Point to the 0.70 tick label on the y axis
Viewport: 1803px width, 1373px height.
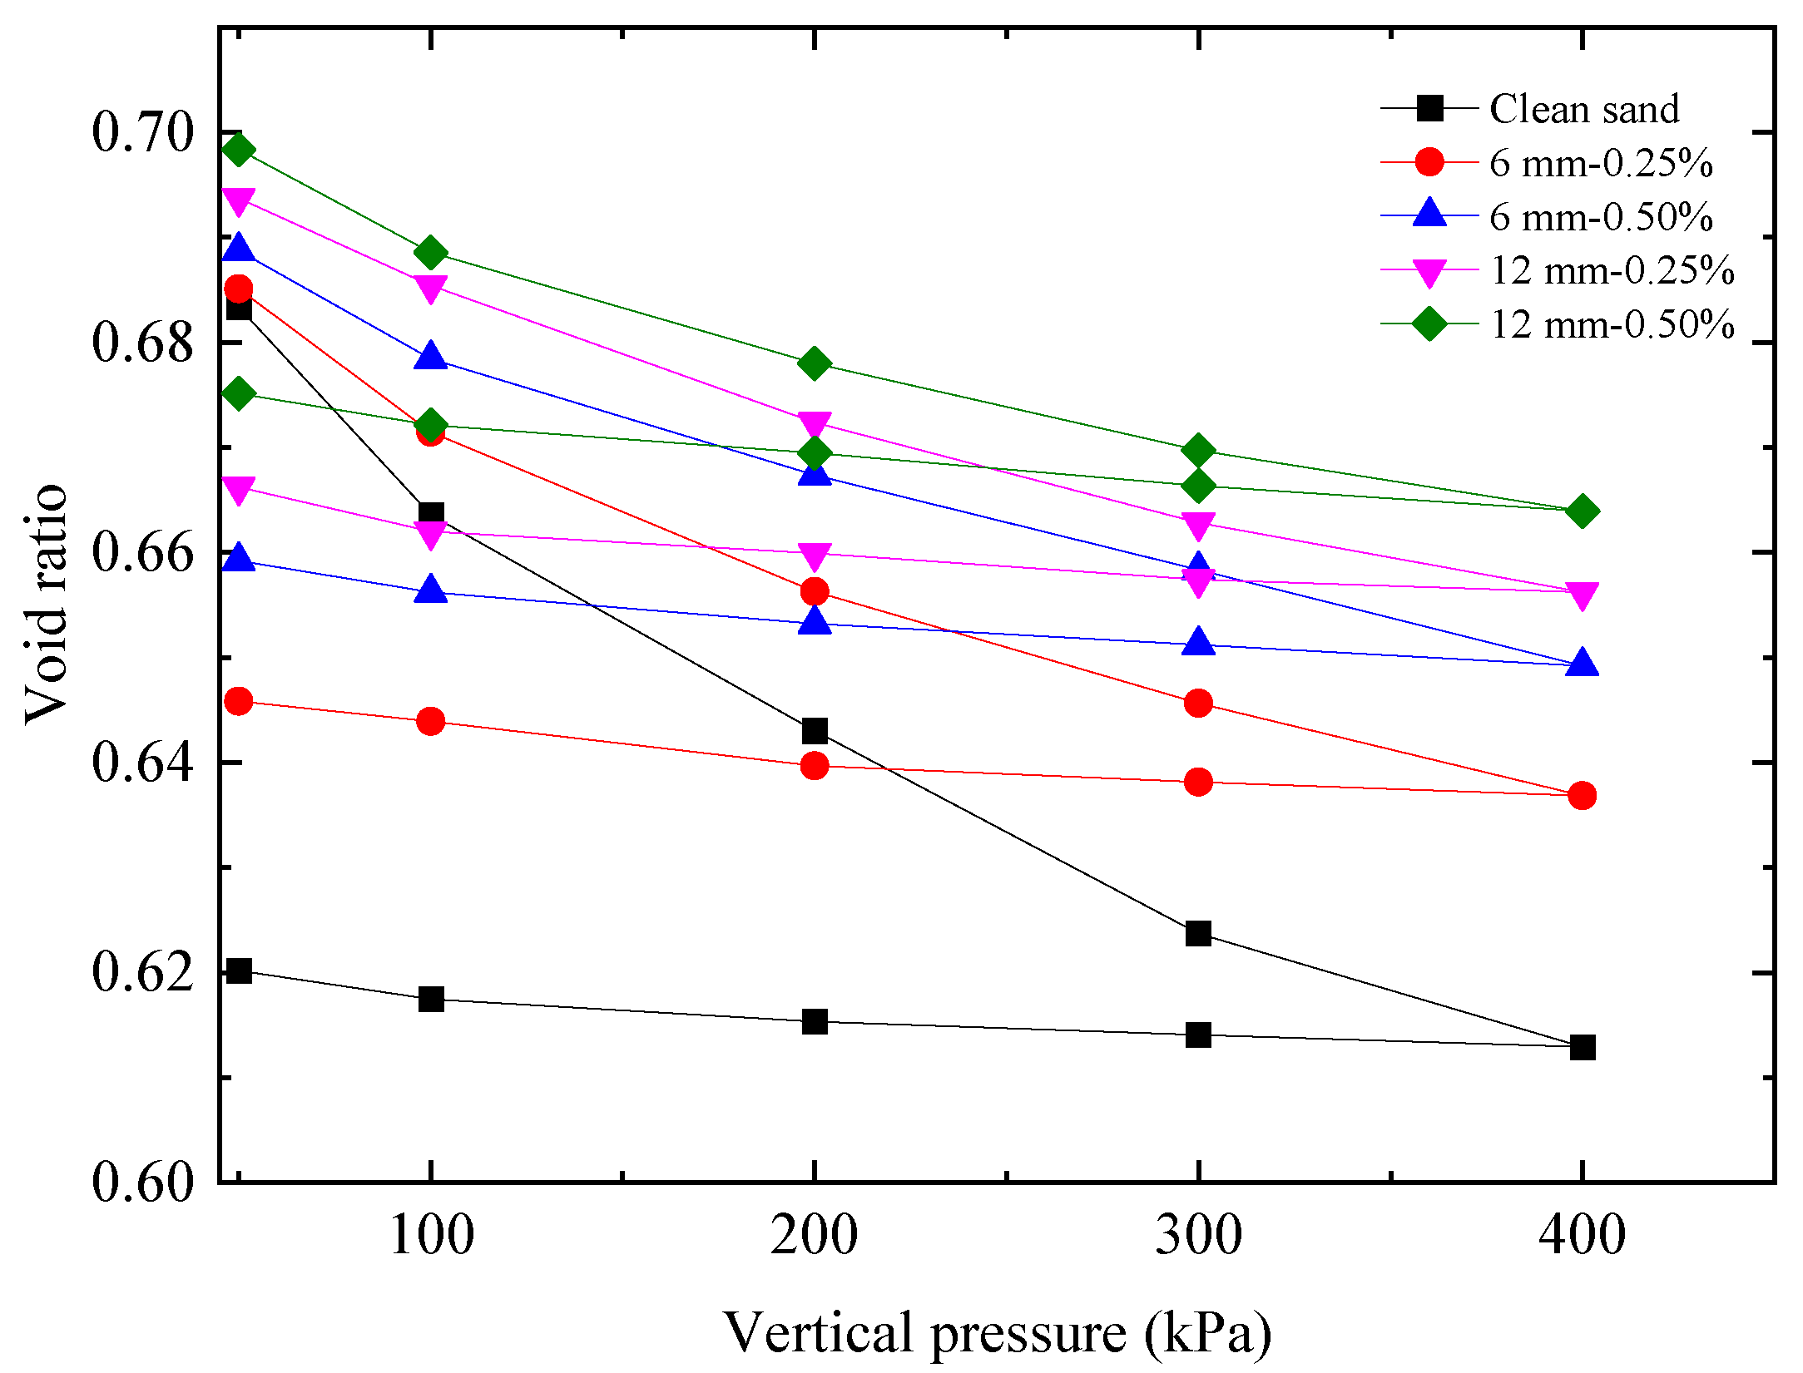tap(142, 132)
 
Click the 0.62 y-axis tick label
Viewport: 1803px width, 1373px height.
tap(142, 972)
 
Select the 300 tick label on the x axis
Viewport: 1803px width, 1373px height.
tap(1198, 1234)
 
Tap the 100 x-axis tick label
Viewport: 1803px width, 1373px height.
tap(431, 1234)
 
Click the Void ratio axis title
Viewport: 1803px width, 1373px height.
tap(46, 605)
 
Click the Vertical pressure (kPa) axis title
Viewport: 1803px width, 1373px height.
tap(997, 1332)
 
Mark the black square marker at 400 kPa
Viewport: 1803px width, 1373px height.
tap(1582, 1047)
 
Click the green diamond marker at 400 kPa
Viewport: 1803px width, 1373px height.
tap(1582, 511)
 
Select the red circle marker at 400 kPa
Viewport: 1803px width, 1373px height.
tap(1582, 796)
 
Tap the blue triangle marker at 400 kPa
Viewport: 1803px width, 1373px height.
tap(1582, 663)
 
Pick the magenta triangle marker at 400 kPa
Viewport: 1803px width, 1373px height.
tap(1582, 595)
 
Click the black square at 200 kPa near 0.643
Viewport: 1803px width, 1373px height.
tap(815, 732)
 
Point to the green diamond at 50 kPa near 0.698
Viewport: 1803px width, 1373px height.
tap(239, 151)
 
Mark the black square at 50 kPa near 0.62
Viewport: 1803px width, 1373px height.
tap(239, 970)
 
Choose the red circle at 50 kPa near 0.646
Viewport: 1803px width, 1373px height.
tap(239, 702)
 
